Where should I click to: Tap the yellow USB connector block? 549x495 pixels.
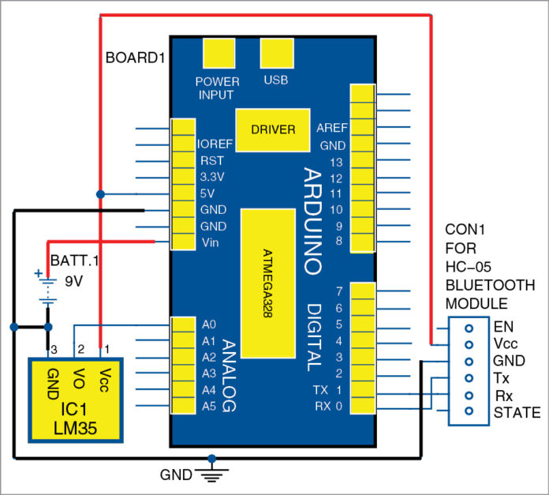[276, 55]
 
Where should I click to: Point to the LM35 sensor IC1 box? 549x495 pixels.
[76, 398]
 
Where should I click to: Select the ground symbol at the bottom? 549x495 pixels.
[211, 474]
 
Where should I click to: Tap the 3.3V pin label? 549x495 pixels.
[211, 177]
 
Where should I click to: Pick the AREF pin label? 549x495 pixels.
[331, 129]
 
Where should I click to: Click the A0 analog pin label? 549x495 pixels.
[209, 324]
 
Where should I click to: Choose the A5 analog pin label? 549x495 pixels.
[209, 407]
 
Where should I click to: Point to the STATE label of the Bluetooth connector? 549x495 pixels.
[516, 412]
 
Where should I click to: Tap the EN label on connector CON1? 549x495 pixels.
[502, 325]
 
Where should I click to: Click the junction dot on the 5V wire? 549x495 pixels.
[100, 193]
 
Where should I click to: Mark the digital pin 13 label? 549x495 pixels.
[336, 161]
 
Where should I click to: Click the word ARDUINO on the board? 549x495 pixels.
[312, 221]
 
